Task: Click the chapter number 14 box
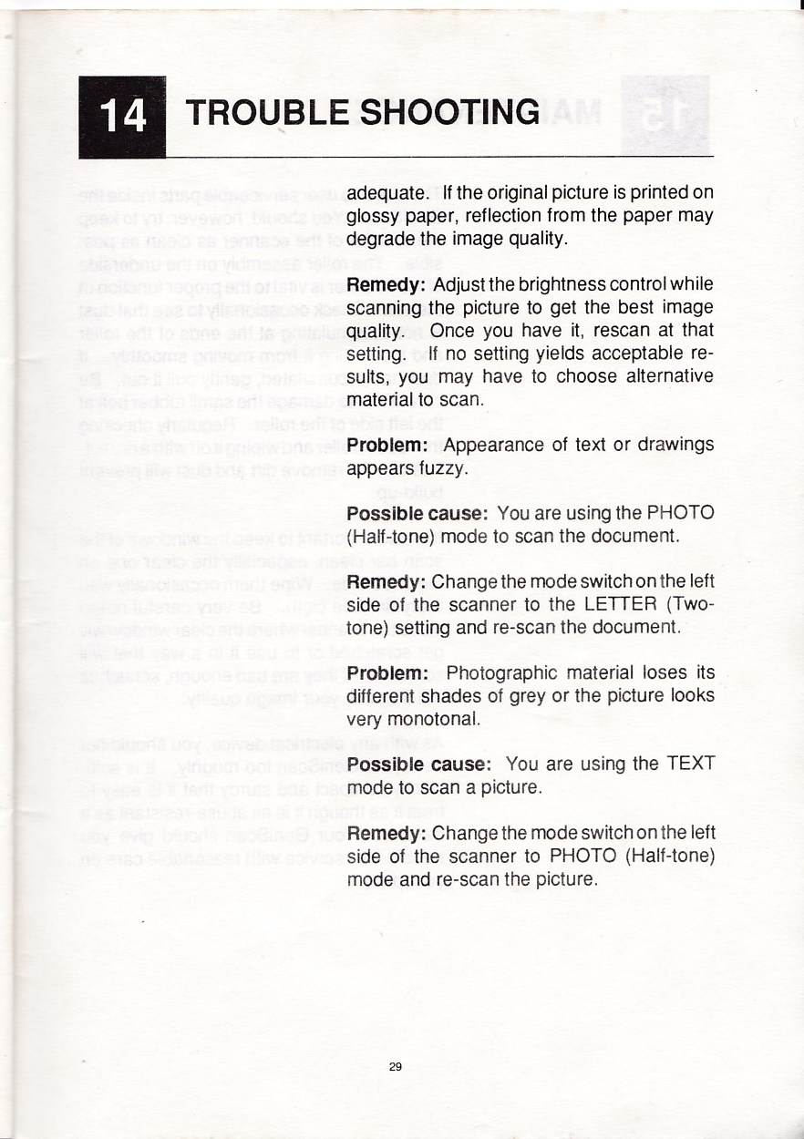pos(122,117)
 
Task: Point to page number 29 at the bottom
pos(395,1067)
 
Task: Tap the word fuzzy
pos(446,470)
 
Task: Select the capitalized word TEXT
pos(690,764)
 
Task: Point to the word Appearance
pos(495,446)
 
